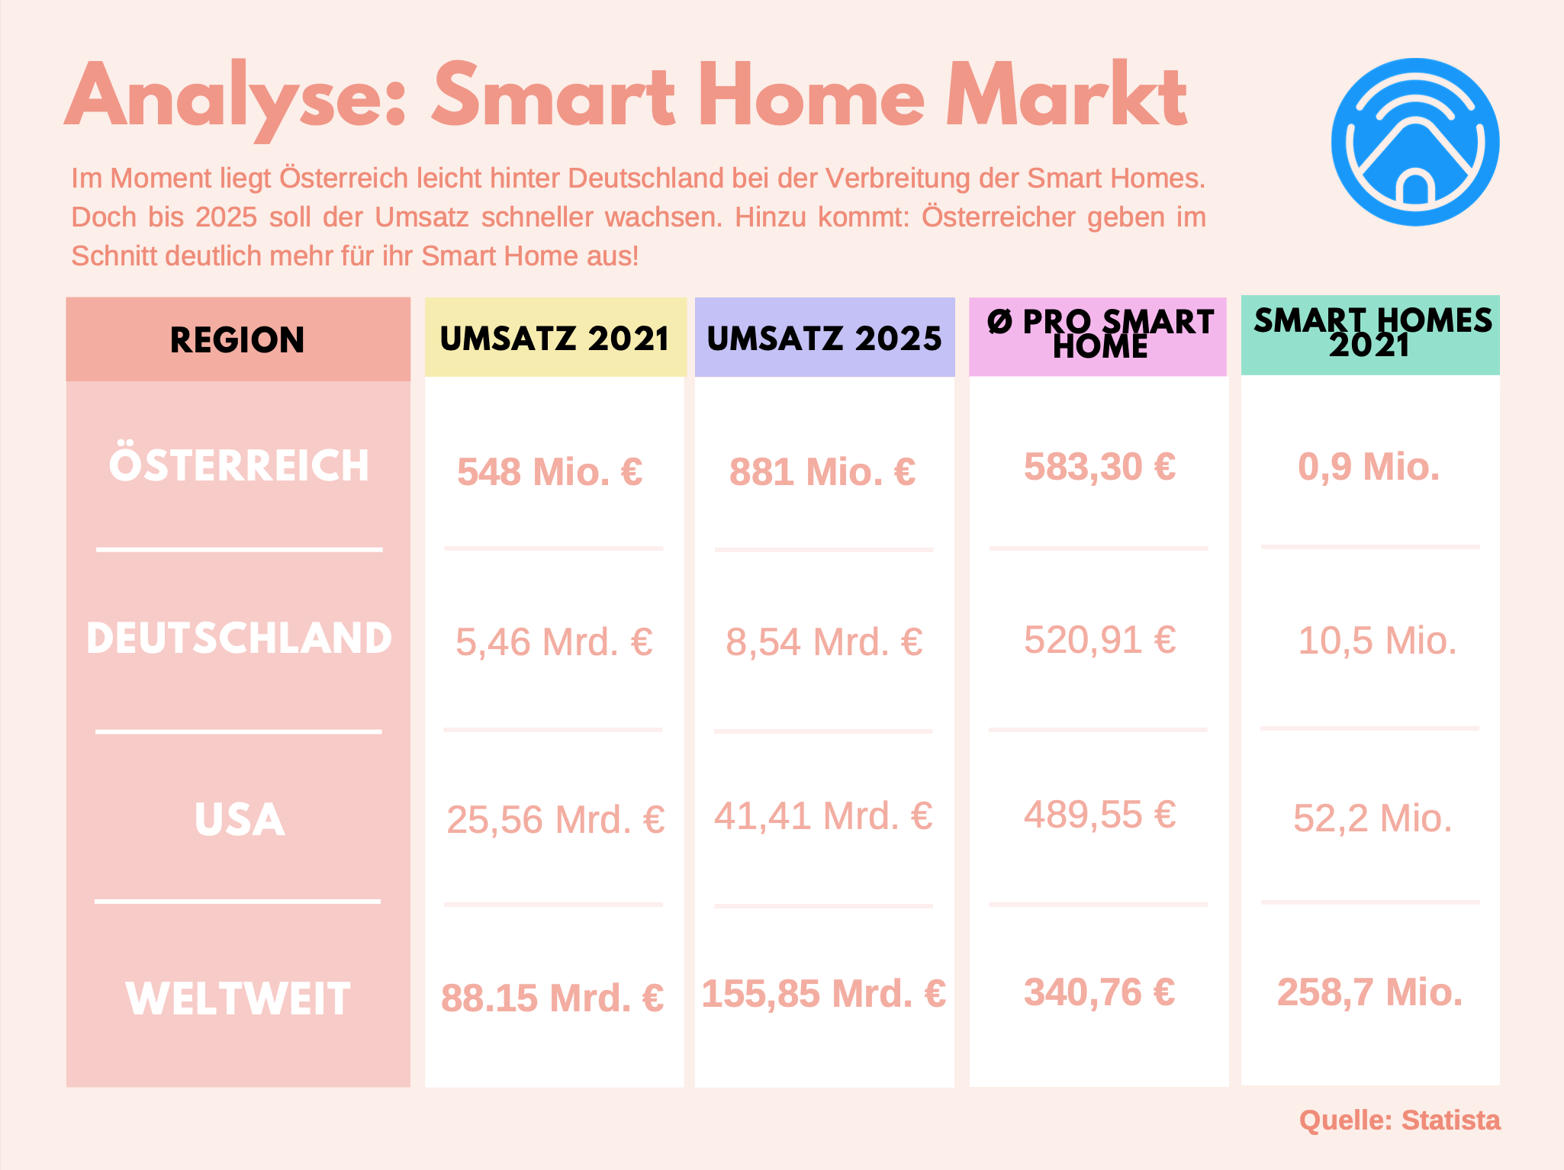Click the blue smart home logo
click(1415, 142)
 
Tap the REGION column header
click(237, 339)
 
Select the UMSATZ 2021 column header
click(555, 338)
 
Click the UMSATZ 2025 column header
click(825, 338)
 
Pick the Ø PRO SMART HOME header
click(1099, 334)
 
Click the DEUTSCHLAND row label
click(239, 638)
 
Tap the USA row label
click(240, 820)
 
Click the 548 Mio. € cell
click(550, 471)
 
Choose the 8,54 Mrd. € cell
click(825, 641)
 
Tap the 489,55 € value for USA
click(1099, 814)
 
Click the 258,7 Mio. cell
click(1370, 992)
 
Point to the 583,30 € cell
click(1099, 466)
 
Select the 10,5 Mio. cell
click(1377, 640)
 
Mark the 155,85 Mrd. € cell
click(824, 994)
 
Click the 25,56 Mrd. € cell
click(555, 820)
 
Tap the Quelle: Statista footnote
click(1400, 1120)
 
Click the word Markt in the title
click(1067, 97)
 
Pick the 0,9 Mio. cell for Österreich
click(1369, 466)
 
